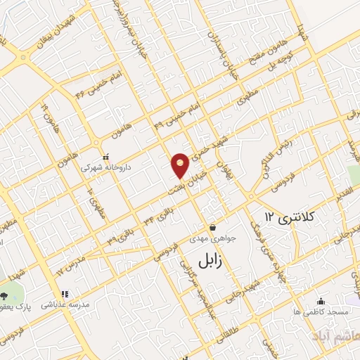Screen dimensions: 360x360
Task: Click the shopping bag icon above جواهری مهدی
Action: point(212,227)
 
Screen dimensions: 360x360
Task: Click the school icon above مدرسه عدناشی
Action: point(64,295)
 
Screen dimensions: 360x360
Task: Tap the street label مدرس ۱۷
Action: point(67,267)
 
